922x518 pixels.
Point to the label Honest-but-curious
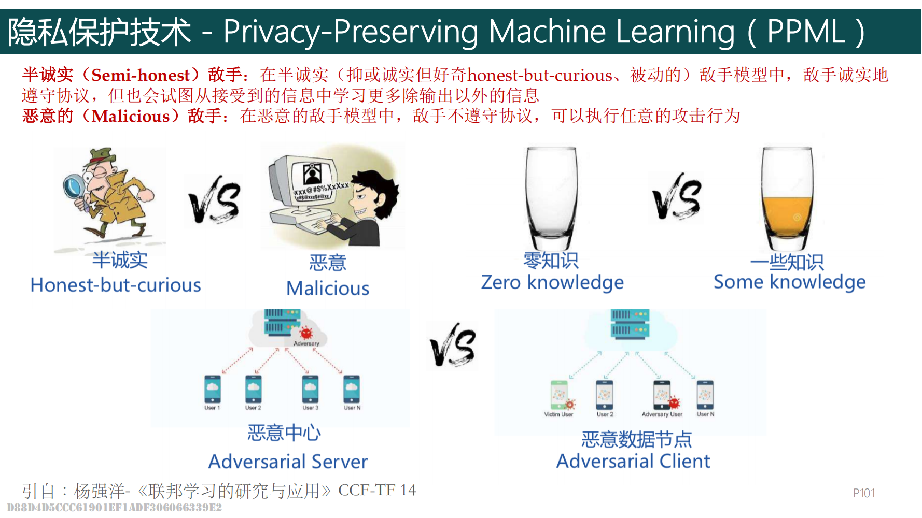pos(116,285)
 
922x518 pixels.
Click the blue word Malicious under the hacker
pos(328,289)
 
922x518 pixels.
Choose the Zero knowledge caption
pos(552,282)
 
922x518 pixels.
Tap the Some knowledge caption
pos(789,282)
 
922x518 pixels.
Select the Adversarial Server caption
pos(288,461)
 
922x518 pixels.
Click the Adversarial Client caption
pos(633,461)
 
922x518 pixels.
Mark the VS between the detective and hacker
pos(214,203)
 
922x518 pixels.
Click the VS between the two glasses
pos(677,197)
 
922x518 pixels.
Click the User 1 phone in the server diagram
pos(212,389)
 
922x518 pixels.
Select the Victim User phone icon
pos(559,395)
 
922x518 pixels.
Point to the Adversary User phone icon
pos(662,395)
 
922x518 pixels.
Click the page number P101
pos(864,493)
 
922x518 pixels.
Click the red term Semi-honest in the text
pos(141,75)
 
